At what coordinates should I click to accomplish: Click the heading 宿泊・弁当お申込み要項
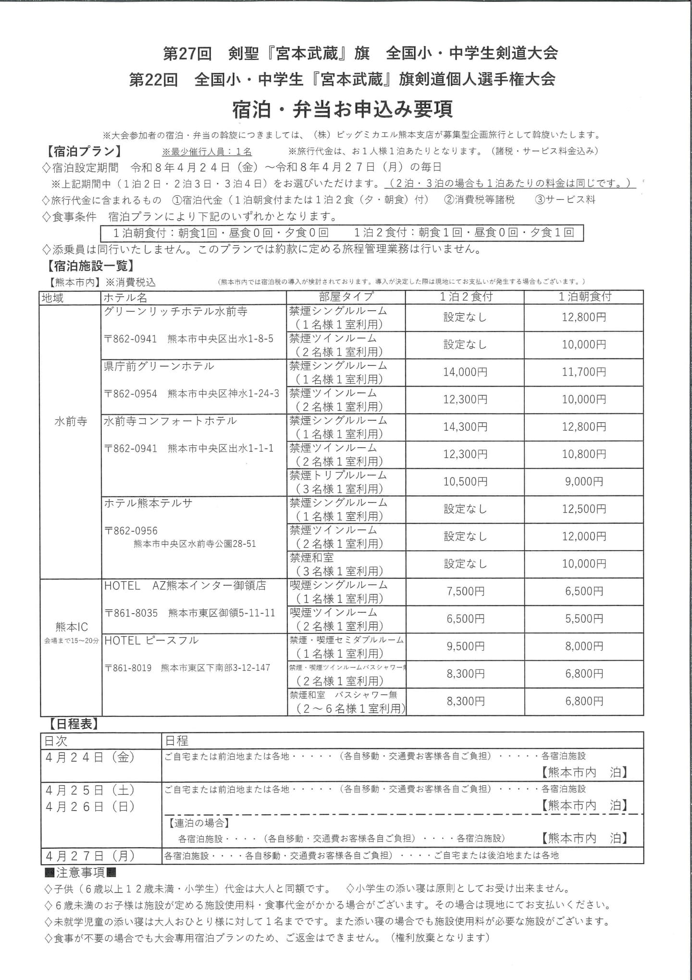point(342,109)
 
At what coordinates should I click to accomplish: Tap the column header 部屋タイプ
point(346,297)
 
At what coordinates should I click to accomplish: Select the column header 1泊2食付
point(465,297)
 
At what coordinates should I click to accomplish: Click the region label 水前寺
point(71,421)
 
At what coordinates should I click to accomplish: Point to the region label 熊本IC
point(72,627)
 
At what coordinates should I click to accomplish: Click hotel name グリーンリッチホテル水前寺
point(175,312)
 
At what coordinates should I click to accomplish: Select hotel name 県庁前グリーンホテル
point(159,366)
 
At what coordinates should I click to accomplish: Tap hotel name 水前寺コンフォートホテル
point(170,421)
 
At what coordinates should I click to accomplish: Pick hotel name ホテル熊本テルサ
point(148,503)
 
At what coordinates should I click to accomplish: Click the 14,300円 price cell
point(465,427)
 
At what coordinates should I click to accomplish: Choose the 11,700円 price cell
point(583,372)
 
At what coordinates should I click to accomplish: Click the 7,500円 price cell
point(465,591)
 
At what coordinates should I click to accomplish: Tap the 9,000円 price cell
point(583,482)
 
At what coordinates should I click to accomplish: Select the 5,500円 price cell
point(583,619)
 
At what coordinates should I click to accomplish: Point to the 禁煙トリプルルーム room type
point(338,476)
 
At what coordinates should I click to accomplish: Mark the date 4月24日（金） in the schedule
point(90,757)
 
